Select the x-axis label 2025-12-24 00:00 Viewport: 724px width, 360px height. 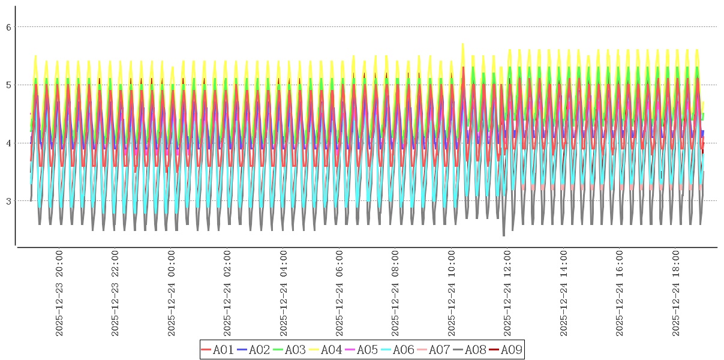pos(172,294)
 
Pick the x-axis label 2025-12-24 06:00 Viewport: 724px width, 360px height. pos(340,294)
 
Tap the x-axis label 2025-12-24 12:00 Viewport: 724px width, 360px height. pos(508,294)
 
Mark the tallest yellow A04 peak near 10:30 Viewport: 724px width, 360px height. pos(462,44)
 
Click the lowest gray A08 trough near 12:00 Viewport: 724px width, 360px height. pos(504,235)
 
